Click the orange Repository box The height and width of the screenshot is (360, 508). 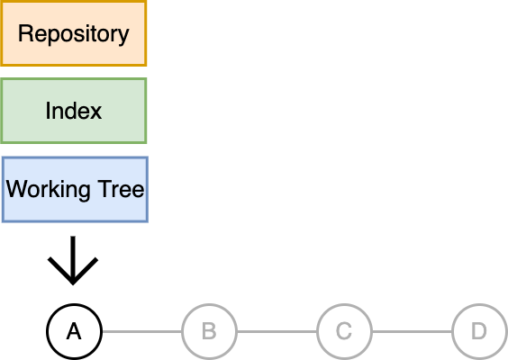(x=74, y=33)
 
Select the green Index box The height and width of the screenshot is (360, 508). (x=74, y=111)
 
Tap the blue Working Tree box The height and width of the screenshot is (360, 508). (x=75, y=189)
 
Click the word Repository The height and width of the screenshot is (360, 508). (x=74, y=34)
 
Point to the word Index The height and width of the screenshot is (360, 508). (x=74, y=111)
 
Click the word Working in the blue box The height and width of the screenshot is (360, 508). (x=48, y=189)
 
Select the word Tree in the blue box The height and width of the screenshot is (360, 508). (x=121, y=188)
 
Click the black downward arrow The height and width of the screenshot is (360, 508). (x=73, y=261)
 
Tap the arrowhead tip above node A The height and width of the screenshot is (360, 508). (x=73, y=285)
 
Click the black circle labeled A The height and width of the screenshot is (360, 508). (x=74, y=331)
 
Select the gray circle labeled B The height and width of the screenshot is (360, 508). (x=209, y=331)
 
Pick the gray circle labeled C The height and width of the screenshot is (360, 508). (x=344, y=331)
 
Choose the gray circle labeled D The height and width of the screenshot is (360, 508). (x=479, y=331)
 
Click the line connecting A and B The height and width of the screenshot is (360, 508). (x=142, y=331)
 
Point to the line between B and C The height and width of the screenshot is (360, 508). (x=277, y=331)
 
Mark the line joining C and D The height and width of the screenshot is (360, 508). (x=412, y=331)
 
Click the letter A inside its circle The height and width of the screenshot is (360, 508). (x=74, y=331)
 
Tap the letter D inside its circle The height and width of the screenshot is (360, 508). (x=479, y=331)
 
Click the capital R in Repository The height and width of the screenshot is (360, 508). (x=25, y=33)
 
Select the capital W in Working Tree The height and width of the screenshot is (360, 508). (x=18, y=188)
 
